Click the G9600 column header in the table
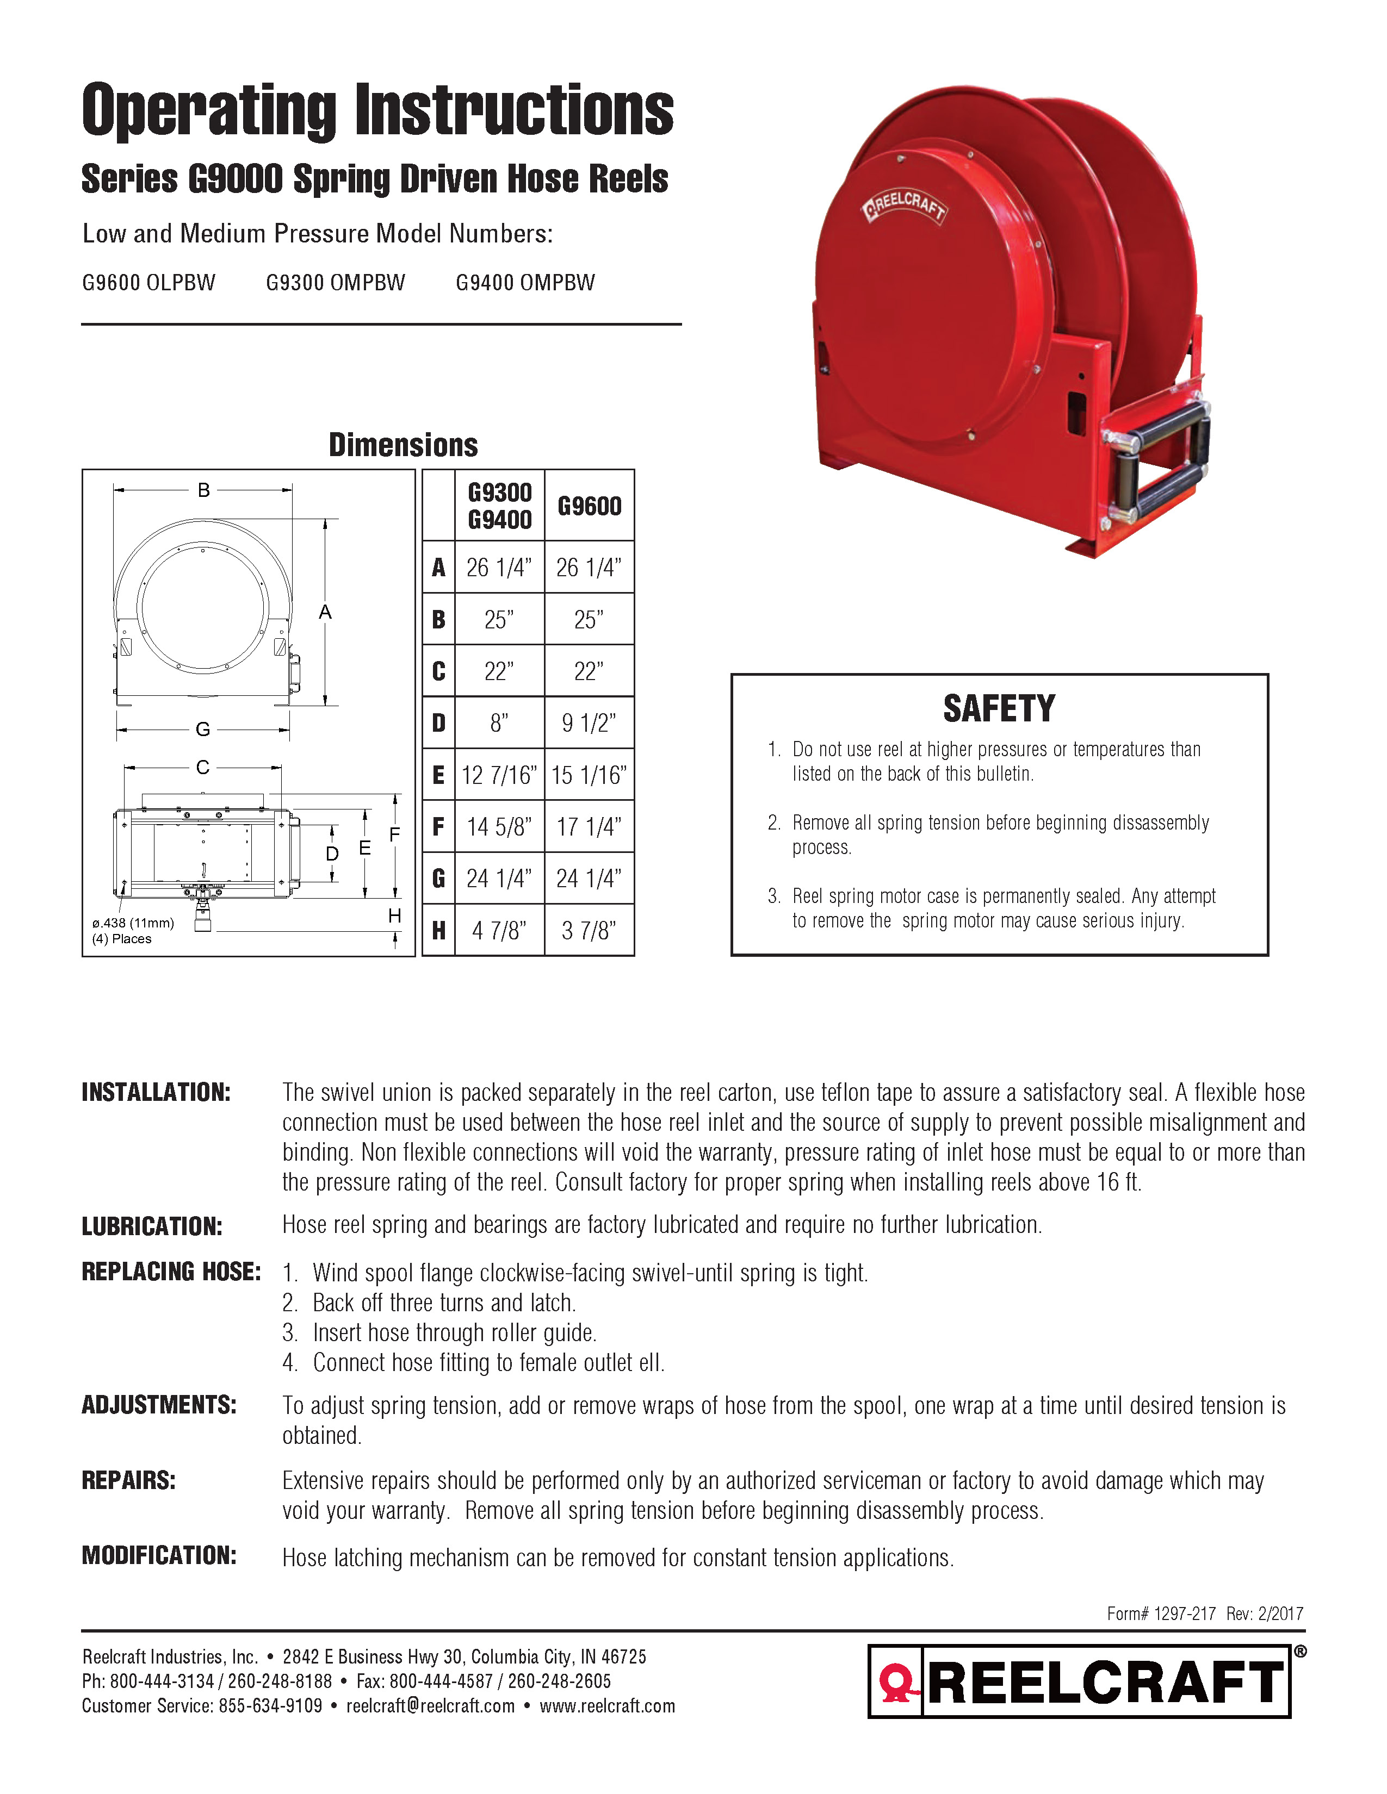589,506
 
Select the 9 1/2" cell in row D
589,723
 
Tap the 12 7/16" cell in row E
499,775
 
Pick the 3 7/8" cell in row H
589,931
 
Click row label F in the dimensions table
439,826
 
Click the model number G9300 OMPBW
335,283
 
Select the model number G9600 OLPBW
148,283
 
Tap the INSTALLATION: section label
156,1093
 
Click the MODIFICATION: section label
159,1555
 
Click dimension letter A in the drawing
325,612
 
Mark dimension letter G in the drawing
203,728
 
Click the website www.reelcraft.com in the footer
607,1705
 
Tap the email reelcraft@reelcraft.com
431,1705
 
